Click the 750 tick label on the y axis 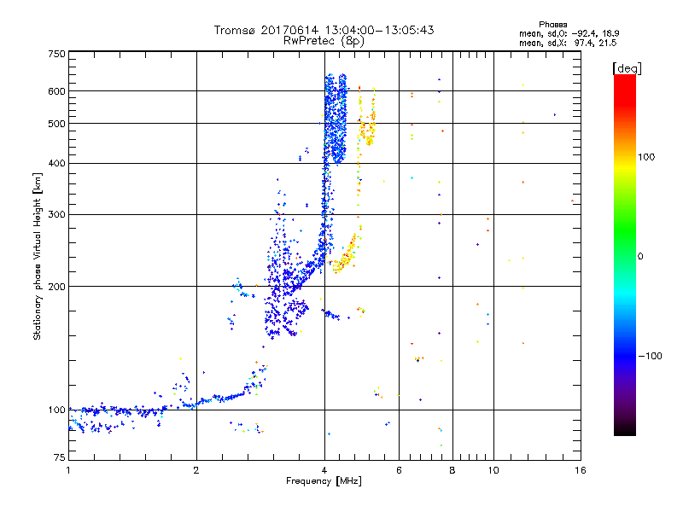pyautogui.click(x=56, y=54)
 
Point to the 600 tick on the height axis pyautogui.click(x=56, y=91)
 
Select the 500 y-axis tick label pyautogui.click(x=56, y=124)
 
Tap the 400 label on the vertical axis pyautogui.click(x=56, y=164)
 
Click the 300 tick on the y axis pyautogui.click(x=56, y=215)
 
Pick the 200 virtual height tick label pyautogui.click(x=56, y=287)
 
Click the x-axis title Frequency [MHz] pyautogui.click(x=323, y=482)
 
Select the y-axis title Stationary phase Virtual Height pyautogui.click(x=38, y=256)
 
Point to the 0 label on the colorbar pyautogui.click(x=640, y=256)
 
